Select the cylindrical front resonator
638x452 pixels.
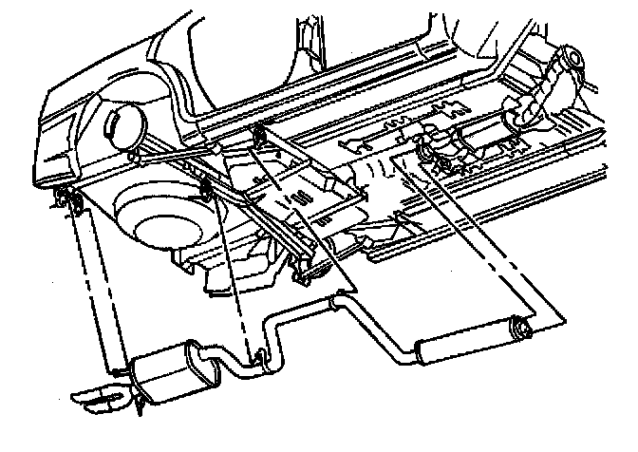465,339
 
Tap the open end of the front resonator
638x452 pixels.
521,329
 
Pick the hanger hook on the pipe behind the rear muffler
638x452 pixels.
258,357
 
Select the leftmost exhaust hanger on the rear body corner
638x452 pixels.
64,198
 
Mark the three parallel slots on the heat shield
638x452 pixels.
302,199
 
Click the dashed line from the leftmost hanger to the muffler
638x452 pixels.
90,285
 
